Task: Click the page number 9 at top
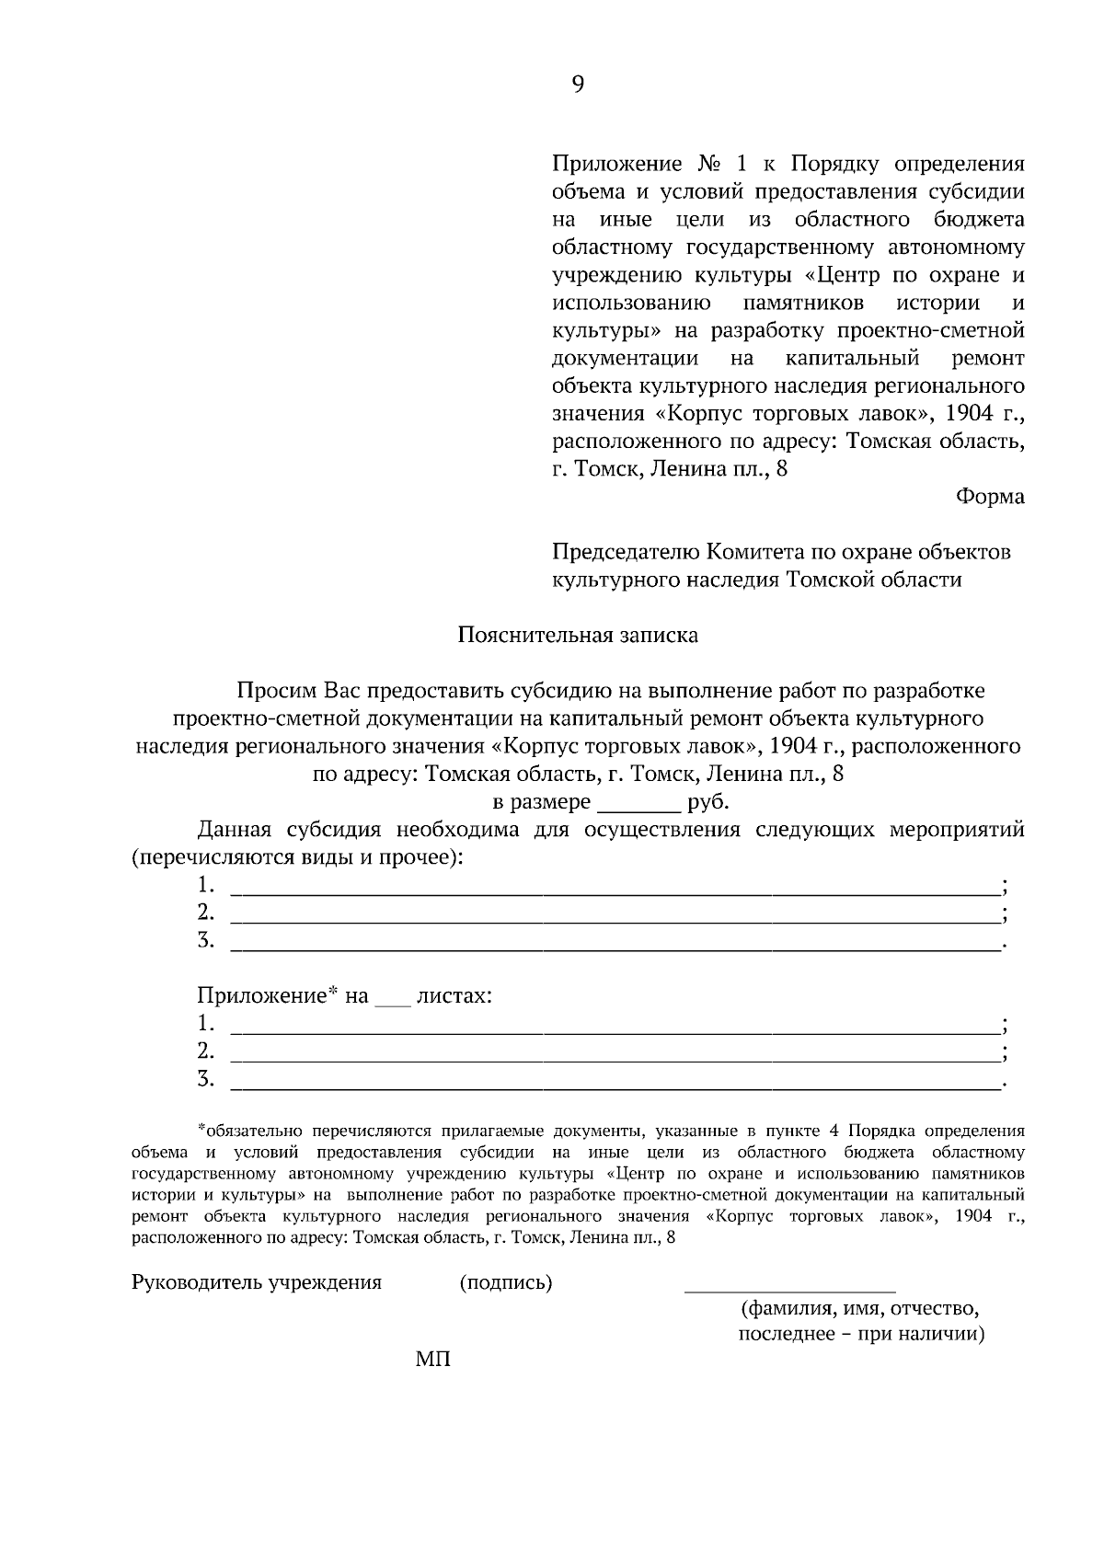click(578, 85)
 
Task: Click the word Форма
click(990, 497)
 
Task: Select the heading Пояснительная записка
click(578, 635)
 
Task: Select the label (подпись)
click(505, 1283)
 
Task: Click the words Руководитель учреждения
click(257, 1283)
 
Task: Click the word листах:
click(454, 996)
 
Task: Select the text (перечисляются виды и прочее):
click(298, 858)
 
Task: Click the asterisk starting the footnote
click(201, 1128)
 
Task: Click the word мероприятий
click(957, 831)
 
